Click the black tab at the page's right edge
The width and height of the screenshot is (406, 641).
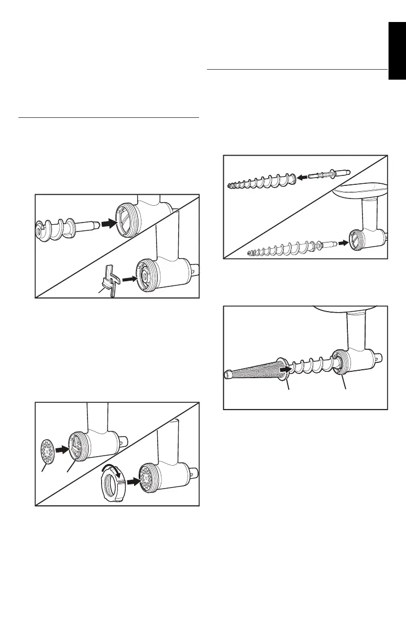click(397, 50)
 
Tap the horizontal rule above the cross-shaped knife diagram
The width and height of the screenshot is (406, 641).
click(108, 118)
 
